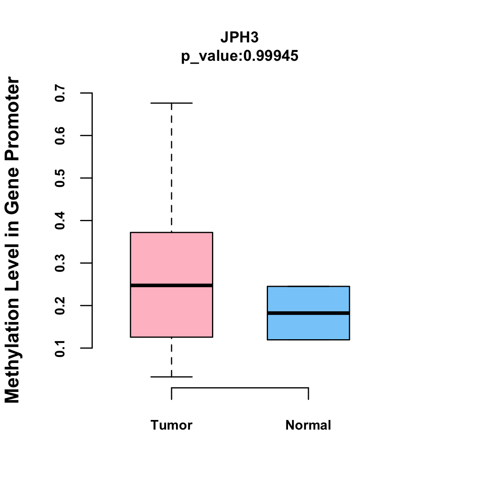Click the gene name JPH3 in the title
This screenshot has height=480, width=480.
[x=240, y=38]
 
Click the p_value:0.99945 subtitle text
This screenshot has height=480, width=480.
[x=240, y=56]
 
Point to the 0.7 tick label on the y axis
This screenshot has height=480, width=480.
[x=60, y=93]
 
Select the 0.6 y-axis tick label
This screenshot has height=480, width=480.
[x=60, y=136]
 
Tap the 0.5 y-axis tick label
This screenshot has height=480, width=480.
[x=60, y=178]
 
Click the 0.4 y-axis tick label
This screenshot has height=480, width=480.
[x=60, y=220]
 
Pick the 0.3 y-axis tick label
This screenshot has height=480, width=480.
[x=60, y=263]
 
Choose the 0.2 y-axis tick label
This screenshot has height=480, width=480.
[x=60, y=306]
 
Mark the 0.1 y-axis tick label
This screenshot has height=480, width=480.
[x=60, y=348]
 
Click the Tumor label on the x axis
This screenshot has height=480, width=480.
[x=171, y=425]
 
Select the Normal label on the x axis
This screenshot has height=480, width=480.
[x=308, y=425]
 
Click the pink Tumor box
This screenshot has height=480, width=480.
[x=171, y=256]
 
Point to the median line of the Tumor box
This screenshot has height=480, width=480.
[x=171, y=285]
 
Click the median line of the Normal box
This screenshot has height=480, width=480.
[x=308, y=313]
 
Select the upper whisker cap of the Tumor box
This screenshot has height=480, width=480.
[x=171, y=103]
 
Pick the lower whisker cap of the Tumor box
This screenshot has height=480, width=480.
[x=171, y=377]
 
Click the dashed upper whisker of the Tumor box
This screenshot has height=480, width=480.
[x=172, y=168]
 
